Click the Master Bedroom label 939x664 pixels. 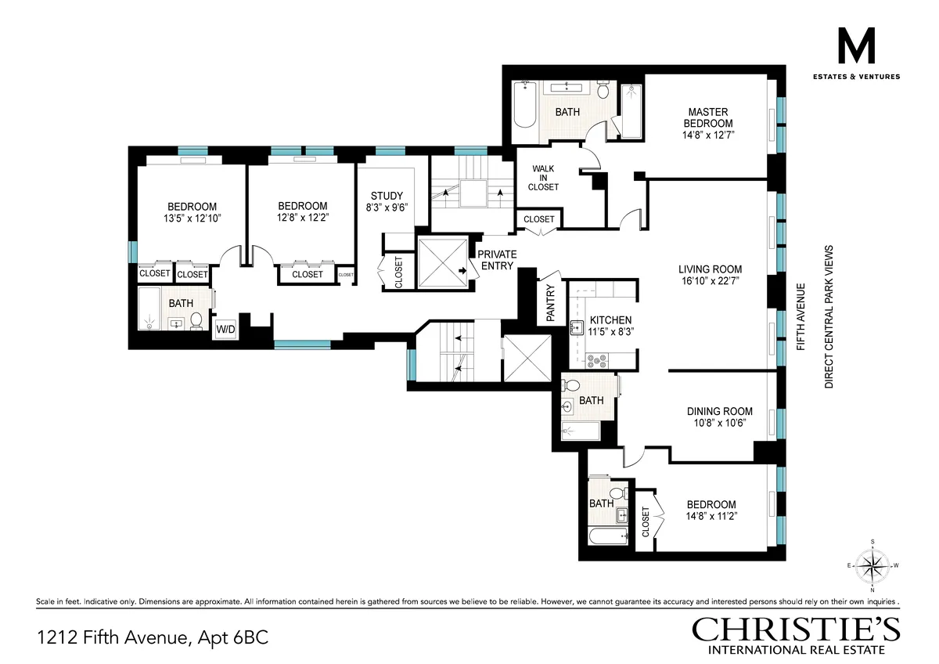[x=708, y=117]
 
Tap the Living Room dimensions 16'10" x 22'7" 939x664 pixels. [x=710, y=281]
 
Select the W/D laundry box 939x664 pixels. [x=225, y=330]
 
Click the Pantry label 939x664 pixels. [x=551, y=303]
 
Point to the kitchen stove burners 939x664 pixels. [x=598, y=360]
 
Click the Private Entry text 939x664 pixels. [x=496, y=260]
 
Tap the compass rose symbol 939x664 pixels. [x=872, y=564]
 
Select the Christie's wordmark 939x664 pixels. [x=796, y=630]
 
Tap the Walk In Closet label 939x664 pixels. [x=545, y=178]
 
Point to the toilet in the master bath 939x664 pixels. [x=603, y=92]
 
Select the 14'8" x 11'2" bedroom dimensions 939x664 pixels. [x=711, y=516]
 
